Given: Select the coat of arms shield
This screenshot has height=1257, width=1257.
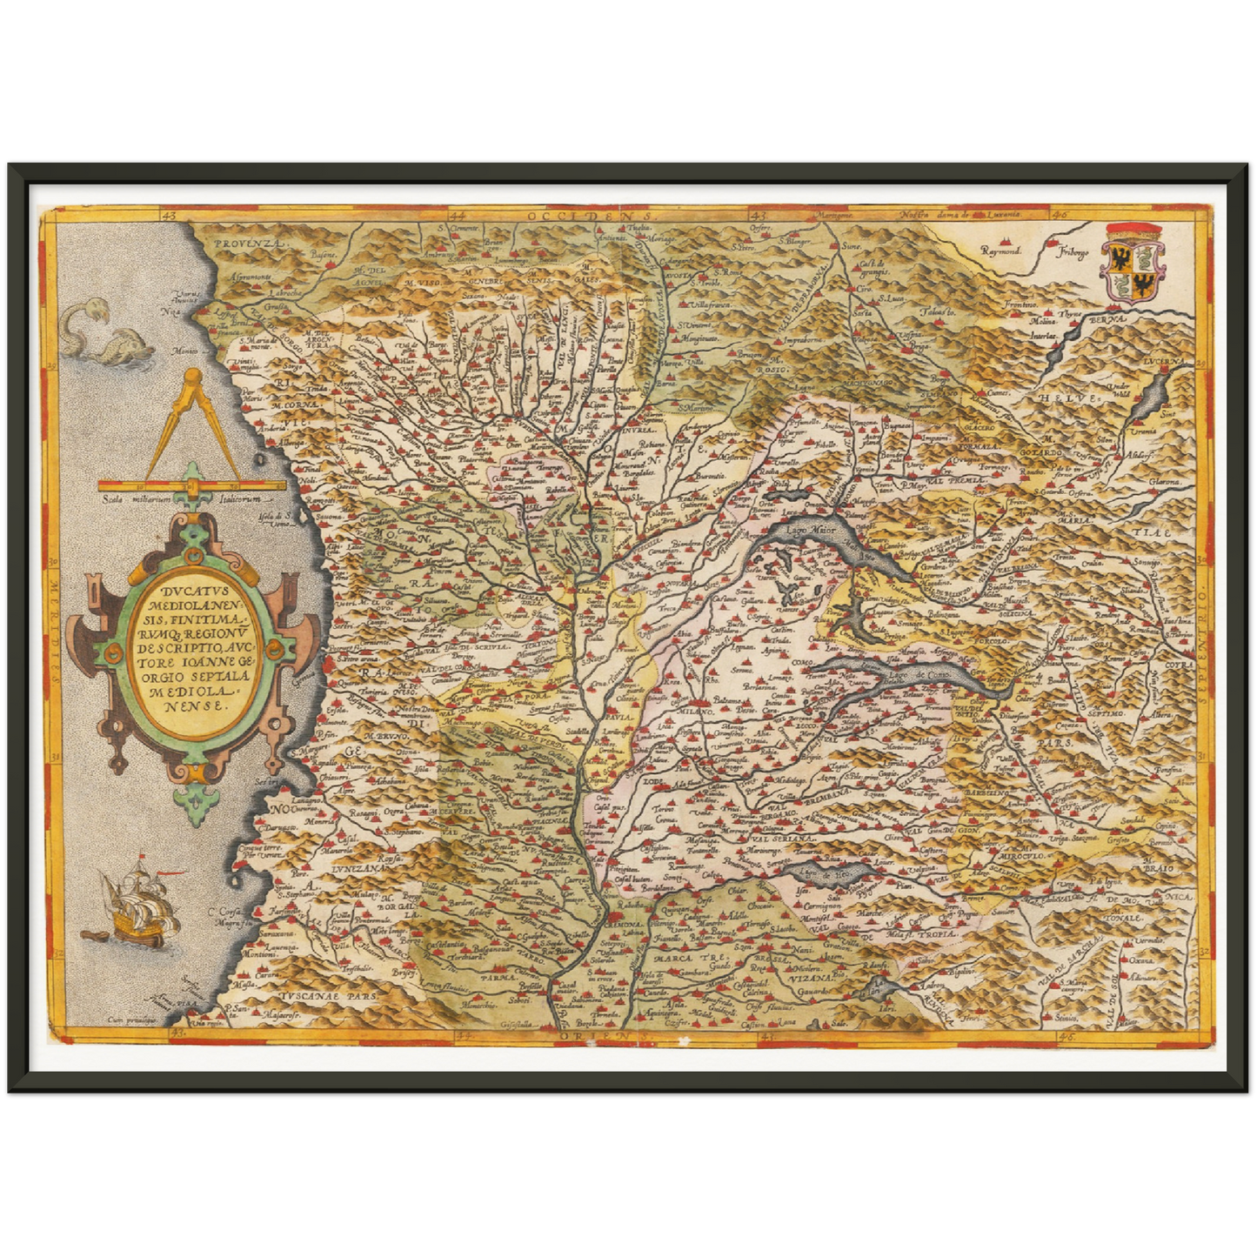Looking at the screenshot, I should click(x=1132, y=262).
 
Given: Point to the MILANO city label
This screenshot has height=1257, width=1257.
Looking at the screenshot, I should click(x=691, y=711).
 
